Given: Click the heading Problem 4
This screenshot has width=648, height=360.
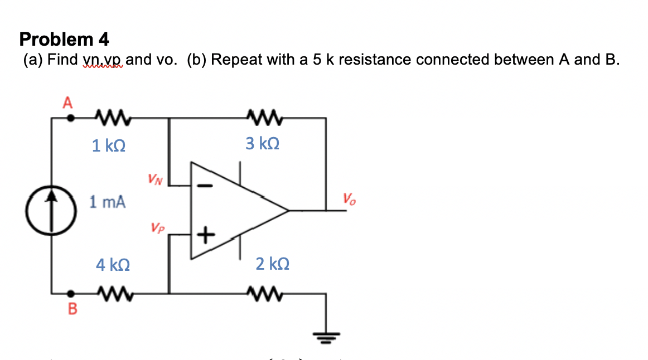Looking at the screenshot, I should pyautogui.click(x=64, y=39).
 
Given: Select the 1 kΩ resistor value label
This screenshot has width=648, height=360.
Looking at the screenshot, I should pyautogui.click(x=109, y=146).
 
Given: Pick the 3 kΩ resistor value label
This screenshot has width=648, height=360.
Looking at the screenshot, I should pyautogui.click(x=263, y=144).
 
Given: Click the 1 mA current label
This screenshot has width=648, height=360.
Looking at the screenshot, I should pyautogui.click(x=108, y=202).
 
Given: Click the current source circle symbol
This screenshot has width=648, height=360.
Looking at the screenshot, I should pyautogui.click(x=52, y=203).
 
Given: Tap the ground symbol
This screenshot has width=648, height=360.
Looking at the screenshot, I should pyautogui.click(x=326, y=335).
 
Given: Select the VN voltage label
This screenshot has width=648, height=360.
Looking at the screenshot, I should pyautogui.click(x=156, y=179).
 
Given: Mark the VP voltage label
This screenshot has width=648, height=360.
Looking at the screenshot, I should pyautogui.click(x=157, y=228).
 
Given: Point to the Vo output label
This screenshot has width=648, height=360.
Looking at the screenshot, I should pyautogui.click(x=349, y=198).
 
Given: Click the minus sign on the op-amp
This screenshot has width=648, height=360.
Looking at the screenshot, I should pyautogui.click(x=206, y=185).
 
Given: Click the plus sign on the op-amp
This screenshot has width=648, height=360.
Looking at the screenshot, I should pyautogui.click(x=206, y=235).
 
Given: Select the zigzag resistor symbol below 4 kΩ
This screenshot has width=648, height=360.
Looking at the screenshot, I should pyautogui.click(x=113, y=291).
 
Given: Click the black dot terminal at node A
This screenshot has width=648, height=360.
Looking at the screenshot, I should pyautogui.click(x=71, y=118).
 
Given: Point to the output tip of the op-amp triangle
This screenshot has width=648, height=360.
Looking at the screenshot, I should pyautogui.click(x=287, y=211).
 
